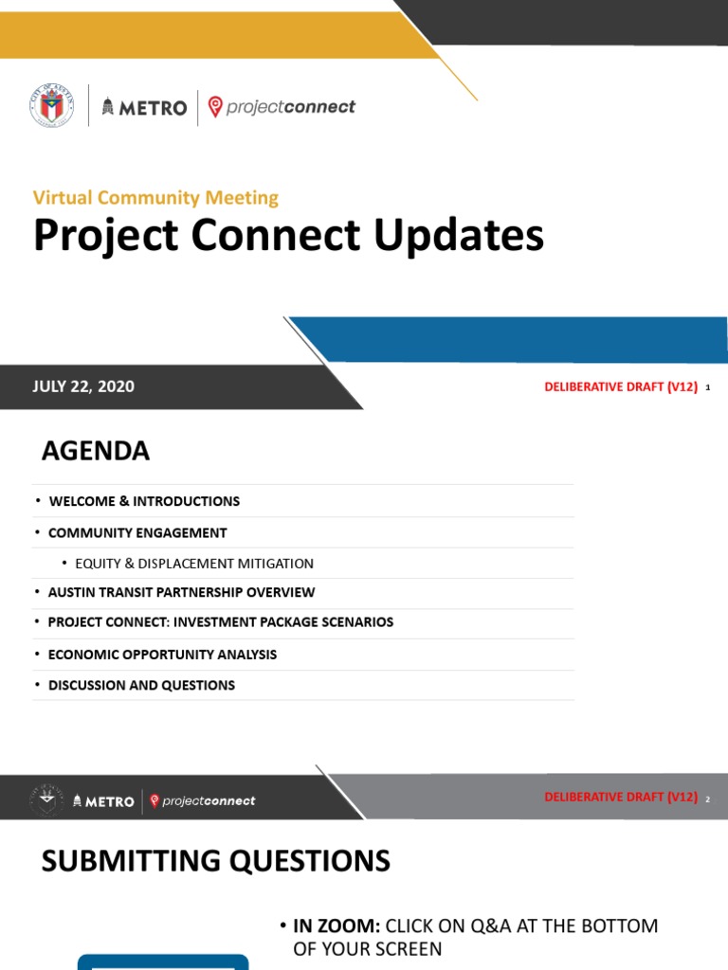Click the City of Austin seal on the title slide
[x=51, y=106]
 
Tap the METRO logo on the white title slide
[x=144, y=107]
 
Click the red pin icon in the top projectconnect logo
[x=215, y=106]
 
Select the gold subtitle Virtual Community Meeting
[x=155, y=198]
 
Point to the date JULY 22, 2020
[x=83, y=386]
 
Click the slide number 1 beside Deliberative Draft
[x=708, y=387]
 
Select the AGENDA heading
[x=96, y=451]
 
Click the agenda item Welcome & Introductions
[x=143, y=501]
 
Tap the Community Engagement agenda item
[x=137, y=532]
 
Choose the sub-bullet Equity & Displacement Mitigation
[x=194, y=564]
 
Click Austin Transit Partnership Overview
[x=181, y=592]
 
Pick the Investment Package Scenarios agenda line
[x=220, y=622]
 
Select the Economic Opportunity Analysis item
[x=162, y=655]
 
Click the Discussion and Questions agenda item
[x=141, y=685]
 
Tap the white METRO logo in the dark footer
[x=103, y=801]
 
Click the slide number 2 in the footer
[x=707, y=799]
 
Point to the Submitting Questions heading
[x=215, y=861]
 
